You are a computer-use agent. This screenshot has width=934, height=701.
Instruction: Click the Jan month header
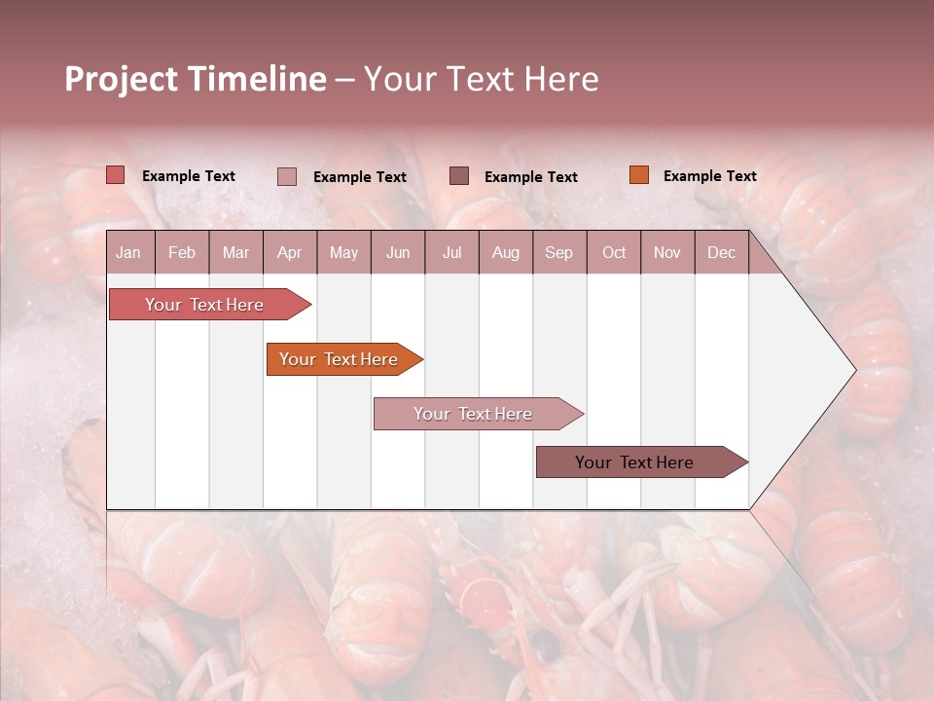click(x=128, y=252)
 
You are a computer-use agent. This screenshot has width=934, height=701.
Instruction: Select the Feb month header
click(x=182, y=252)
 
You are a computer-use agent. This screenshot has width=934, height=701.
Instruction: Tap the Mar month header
click(x=235, y=252)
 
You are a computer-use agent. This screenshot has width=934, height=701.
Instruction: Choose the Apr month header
click(x=290, y=252)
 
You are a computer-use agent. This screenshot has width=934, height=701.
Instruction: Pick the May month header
click(x=343, y=252)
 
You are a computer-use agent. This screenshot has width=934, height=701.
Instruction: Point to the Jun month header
click(x=398, y=252)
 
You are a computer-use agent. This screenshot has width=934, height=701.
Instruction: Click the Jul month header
click(x=451, y=252)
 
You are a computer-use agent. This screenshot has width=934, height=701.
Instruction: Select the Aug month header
click(x=506, y=252)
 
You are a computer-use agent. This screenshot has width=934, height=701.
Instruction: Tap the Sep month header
click(x=559, y=252)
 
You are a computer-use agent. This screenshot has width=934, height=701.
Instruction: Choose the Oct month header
click(x=614, y=252)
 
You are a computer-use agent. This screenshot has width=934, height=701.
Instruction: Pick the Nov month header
click(x=667, y=252)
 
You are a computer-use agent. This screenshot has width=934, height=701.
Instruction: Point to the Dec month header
click(x=722, y=252)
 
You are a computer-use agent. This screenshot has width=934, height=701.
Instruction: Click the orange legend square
click(x=639, y=175)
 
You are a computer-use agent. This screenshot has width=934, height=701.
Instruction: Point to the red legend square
click(x=116, y=175)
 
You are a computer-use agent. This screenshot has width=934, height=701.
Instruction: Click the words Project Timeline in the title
click(x=196, y=79)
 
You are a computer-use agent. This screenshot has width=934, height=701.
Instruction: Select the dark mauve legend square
click(x=459, y=175)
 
